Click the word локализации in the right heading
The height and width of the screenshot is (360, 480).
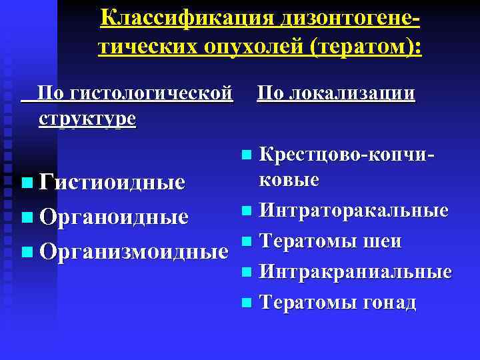(356, 92)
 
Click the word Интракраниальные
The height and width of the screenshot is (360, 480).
(355, 272)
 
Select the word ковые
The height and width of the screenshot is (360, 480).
(289, 181)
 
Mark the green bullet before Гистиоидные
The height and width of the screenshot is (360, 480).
(26, 183)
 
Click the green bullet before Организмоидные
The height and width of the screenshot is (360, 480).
(26, 252)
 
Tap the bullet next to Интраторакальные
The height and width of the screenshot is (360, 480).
(247, 212)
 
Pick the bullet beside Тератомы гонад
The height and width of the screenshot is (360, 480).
(247, 303)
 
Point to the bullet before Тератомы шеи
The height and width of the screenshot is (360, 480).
(247, 242)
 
